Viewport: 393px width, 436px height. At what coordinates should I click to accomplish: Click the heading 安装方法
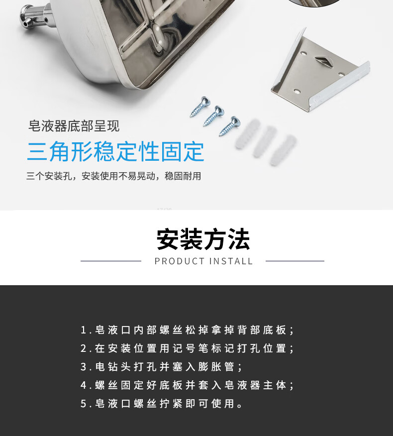coord(203,239)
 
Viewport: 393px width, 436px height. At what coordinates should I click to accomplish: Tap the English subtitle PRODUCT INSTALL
coord(203,261)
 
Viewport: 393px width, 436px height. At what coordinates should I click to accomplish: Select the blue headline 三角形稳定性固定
coord(115,151)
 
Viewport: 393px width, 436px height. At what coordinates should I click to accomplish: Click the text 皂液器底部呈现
coord(74,126)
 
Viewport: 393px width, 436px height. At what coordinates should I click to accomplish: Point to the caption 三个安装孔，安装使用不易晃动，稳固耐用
coord(114,176)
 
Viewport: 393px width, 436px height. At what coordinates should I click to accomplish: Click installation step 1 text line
coord(187,330)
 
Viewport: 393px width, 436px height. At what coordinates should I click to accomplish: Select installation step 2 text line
coord(187,348)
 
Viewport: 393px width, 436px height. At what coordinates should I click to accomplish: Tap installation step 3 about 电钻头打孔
coord(161,367)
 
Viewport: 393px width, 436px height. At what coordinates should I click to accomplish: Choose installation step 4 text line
coord(187,385)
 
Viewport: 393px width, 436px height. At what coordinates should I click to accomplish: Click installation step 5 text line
coord(162,404)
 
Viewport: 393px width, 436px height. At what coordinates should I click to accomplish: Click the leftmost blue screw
coord(200,106)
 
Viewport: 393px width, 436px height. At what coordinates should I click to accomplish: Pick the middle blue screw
coord(214,115)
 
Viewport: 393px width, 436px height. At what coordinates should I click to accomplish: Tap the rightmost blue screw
coord(230,126)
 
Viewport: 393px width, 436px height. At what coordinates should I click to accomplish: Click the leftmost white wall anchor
coord(248,134)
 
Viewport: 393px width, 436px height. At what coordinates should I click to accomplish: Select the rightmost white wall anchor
coord(283,150)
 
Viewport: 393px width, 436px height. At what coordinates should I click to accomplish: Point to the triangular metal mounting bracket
coord(320,72)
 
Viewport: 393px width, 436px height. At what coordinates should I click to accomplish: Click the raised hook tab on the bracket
coord(325,61)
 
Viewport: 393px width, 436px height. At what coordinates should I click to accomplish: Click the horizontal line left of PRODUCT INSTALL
coord(111,261)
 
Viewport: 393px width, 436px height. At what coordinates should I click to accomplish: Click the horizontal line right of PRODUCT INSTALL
coord(295,261)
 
